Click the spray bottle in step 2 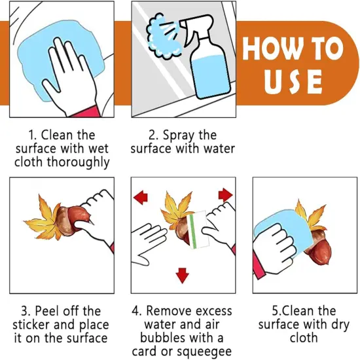(207, 60)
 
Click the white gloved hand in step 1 (69, 76)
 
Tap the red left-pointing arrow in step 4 (141, 197)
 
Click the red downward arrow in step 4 (183, 276)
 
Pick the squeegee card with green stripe (198, 230)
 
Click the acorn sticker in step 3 (71, 220)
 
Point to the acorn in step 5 (318, 248)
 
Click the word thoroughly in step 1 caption (78, 162)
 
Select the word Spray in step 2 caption (178, 135)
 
